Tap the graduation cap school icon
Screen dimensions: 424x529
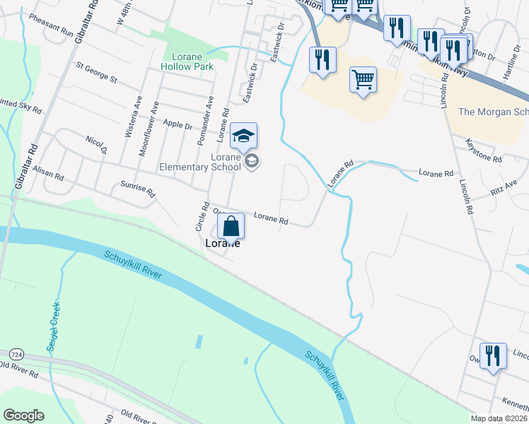pos(243,136)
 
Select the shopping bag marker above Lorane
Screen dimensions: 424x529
pos(231,228)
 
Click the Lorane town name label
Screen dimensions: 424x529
pos(222,244)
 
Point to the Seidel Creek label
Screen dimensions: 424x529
pos(52,323)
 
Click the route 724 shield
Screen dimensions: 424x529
pos(17,353)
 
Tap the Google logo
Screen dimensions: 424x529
pos(24,416)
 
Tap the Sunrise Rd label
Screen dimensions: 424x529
pos(137,187)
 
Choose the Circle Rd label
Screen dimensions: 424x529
pos(202,217)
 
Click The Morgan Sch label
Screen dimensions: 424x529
pos(493,112)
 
